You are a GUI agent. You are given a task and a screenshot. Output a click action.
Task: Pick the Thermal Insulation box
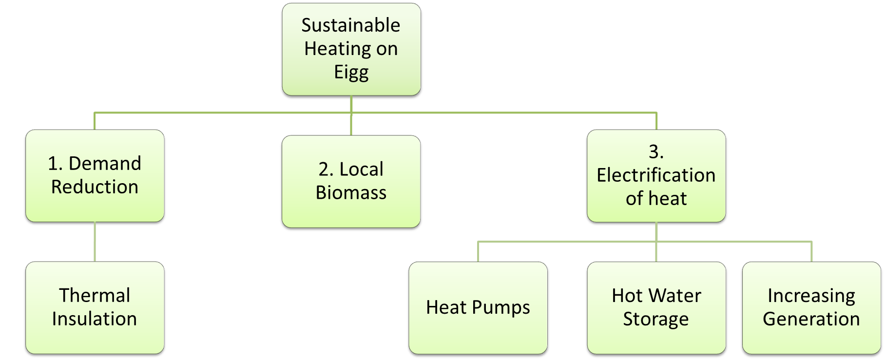(x=95, y=307)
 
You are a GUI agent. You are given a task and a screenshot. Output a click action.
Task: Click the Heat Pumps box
(x=478, y=307)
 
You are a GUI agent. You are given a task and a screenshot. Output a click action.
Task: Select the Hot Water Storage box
(x=656, y=307)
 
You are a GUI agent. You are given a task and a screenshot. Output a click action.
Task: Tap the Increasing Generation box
(x=811, y=307)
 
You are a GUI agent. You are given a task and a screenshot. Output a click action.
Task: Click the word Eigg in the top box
(x=351, y=73)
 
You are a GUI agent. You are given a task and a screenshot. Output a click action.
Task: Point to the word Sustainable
(x=351, y=25)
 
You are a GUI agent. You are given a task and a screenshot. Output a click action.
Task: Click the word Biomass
(x=351, y=193)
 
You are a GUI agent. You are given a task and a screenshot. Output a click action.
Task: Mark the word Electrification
(x=656, y=175)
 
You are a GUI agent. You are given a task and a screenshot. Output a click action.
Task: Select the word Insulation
(x=95, y=319)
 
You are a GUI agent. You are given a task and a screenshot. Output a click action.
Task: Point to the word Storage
(x=656, y=320)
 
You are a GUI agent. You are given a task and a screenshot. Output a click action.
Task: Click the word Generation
(x=811, y=320)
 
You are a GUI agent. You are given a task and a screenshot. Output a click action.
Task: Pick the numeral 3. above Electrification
(x=656, y=152)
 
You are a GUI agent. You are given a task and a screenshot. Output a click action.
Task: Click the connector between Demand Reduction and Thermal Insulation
(x=95, y=243)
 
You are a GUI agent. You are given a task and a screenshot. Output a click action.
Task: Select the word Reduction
(x=95, y=187)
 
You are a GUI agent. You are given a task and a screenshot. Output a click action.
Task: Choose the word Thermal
(x=95, y=296)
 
